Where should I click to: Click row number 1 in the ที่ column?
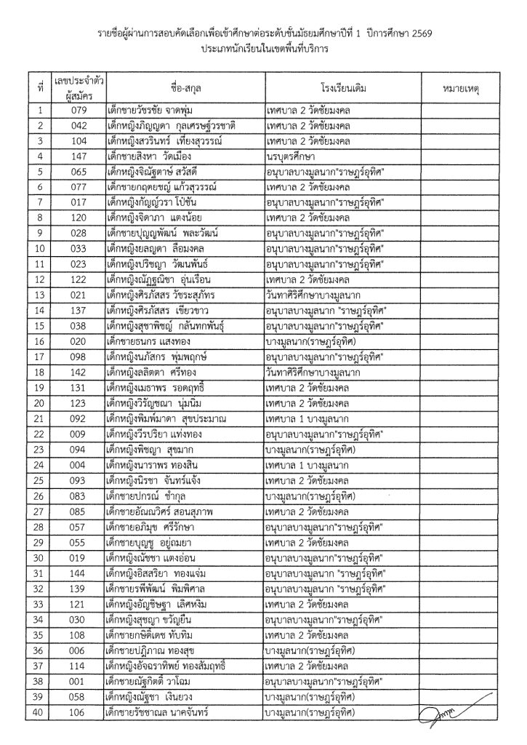coord(41,111)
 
